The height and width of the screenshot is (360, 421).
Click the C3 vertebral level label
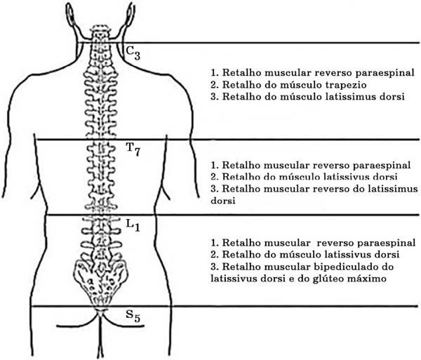pos(133,53)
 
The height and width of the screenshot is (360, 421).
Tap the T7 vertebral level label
pos(133,149)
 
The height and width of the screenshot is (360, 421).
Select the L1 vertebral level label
pos(133,225)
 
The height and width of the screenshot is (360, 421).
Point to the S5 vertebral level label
pos(133,316)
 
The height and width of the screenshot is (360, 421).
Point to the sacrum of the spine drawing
pos(101,279)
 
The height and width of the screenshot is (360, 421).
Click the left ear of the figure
pos(70,14)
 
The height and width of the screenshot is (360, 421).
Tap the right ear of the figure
pos(129,14)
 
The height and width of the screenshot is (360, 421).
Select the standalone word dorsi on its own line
pos(223,201)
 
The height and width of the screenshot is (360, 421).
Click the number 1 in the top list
pos(214,73)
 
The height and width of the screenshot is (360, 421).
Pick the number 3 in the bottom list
pos(214,267)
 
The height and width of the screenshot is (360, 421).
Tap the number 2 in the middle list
pos(214,177)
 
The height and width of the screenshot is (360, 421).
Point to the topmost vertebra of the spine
pos(100,29)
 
